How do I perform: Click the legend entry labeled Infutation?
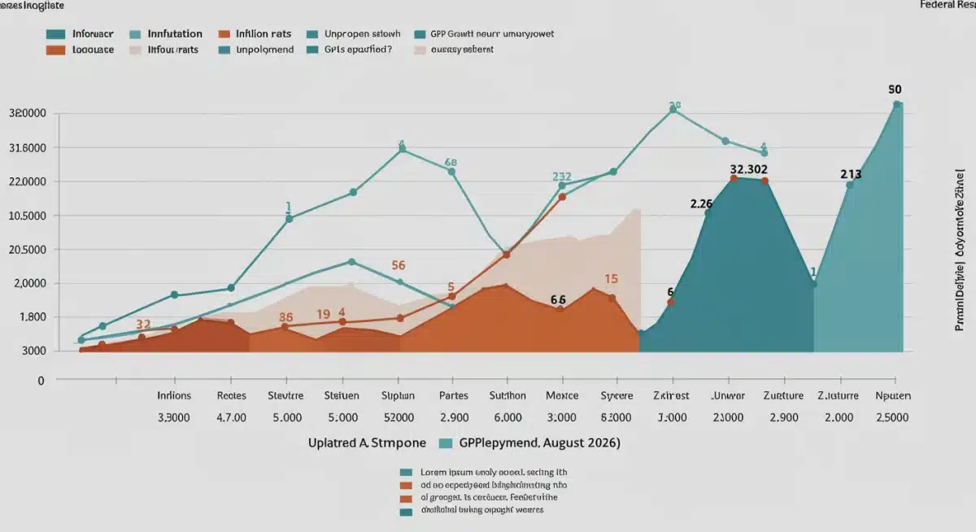(x=175, y=34)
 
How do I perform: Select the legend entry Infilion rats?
(x=263, y=34)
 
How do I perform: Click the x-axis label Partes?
(x=453, y=396)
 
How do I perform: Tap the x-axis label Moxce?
(x=562, y=396)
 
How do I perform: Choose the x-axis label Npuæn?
(x=893, y=396)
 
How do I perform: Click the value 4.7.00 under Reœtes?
(x=231, y=417)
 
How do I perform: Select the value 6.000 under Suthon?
(x=508, y=417)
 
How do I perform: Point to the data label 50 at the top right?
(x=895, y=90)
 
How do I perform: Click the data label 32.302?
(x=749, y=170)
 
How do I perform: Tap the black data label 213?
(x=851, y=174)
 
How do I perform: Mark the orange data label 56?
(x=399, y=265)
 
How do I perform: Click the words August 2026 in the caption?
(x=581, y=443)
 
